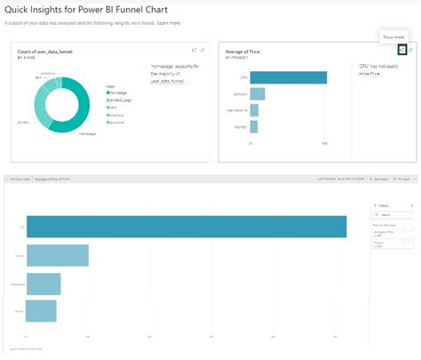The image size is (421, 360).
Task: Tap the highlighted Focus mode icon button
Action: pos(401,51)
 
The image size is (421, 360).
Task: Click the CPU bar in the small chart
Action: pos(288,77)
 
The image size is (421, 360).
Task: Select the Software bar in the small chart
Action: pos(258,93)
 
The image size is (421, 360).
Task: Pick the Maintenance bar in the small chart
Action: pos(254,109)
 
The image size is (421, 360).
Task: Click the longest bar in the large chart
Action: pos(187,227)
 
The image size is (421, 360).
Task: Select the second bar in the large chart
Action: pos(58,256)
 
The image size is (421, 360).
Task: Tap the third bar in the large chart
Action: pos(44,284)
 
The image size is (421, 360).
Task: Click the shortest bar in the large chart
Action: pos(42,310)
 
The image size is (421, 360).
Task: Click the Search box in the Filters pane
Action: pos(393,215)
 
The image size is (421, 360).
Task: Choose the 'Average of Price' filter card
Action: pos(392,234)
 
